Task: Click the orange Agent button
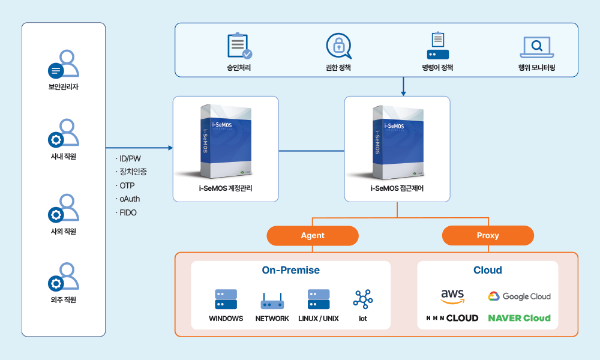click(313, 236)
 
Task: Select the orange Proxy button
click(488, 236)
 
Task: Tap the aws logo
click(452, 296)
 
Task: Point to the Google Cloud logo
click(519, 296)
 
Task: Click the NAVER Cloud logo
click(519, 318)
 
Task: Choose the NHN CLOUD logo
click(452, 318)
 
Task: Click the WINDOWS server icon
click(226, 299)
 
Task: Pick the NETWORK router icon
click(272, 301)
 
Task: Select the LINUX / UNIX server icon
click(318, 299)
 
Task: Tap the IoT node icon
click(363, 299)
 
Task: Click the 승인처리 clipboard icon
click(239, 46)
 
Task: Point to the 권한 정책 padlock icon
click(338, 46)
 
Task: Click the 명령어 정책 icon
click(437, 46)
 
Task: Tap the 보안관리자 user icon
click(64, 64)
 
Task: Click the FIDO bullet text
click(128, 212)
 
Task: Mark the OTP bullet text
click(127, 185)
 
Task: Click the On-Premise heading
click(290, 270)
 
